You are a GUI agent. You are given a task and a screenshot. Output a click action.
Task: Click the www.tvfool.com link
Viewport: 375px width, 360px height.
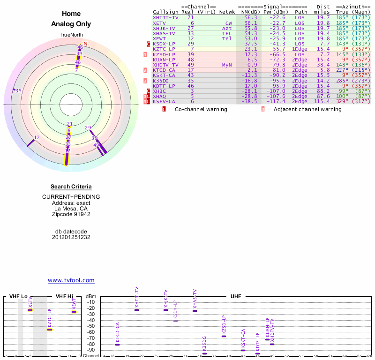[71, 280]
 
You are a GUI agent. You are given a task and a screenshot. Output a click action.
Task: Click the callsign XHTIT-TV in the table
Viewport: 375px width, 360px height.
[165, 17]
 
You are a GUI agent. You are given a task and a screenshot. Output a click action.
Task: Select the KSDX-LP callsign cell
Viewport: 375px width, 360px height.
[164, 44]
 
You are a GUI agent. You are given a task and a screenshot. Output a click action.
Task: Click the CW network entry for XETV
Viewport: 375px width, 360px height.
[228, 22]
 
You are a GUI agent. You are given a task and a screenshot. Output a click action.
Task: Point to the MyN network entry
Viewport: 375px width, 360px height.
[227, 65]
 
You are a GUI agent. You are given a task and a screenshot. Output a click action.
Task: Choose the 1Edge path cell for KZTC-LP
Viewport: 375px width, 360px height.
[300, 49]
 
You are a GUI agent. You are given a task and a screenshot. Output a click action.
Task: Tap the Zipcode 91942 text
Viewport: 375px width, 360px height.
[71, 214]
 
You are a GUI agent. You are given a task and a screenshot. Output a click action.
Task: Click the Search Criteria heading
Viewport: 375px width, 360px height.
[71, 187]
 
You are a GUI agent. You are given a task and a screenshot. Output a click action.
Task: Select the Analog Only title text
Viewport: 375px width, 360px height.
[71, 24]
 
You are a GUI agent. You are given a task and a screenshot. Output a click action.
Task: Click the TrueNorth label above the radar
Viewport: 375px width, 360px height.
[71, 35]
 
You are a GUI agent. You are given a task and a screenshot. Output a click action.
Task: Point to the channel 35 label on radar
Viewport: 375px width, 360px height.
[19, 90]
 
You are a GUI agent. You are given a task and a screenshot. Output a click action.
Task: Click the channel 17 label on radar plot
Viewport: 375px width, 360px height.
[37, 137]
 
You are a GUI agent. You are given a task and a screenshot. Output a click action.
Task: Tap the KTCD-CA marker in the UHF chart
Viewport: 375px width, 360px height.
[117, 345]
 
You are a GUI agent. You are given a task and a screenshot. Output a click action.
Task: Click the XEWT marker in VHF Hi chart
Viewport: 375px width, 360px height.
[74, 312]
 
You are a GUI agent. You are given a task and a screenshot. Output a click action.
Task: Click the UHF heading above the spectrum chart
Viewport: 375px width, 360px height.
[235, 296]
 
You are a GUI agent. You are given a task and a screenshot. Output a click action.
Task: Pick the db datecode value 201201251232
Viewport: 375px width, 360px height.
[71, 237]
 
